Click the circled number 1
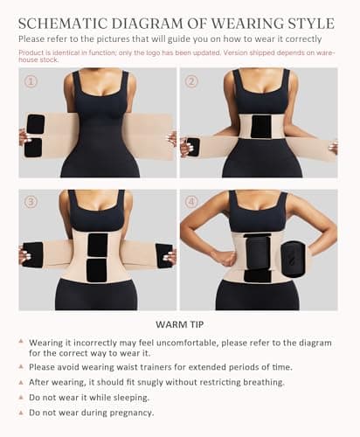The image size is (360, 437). click(31, 81)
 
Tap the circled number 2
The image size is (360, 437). click(191, 81)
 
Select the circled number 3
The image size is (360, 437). click(31, 202)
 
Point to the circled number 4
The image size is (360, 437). click(191, 202)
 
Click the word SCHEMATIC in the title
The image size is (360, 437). click(63, 24)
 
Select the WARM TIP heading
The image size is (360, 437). click(180, 324)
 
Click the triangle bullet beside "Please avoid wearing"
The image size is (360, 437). click(21, 366)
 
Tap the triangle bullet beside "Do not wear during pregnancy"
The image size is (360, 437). click(21, 413)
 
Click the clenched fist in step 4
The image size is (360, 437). click(230, 258)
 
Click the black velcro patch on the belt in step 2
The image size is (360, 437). click(261, 127)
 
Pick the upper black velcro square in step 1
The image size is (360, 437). click(36, 124)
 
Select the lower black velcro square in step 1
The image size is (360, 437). click(33, 148)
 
